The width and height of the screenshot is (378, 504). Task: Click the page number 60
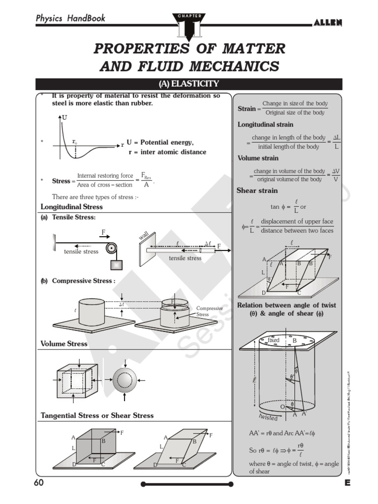[39, 483]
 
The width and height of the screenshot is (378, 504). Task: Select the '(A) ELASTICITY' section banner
[189, 84]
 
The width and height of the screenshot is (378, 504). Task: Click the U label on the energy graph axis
[65, 118]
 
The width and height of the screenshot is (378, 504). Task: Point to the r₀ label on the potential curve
[74, 141]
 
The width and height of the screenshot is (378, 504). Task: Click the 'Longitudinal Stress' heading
[71, 207]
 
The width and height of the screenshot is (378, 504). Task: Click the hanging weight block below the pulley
[116, 265]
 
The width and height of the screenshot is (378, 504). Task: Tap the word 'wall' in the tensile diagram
[144, 237]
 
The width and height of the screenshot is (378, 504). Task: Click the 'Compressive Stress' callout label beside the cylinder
[209, 311]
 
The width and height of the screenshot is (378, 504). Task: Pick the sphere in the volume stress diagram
[126, 379]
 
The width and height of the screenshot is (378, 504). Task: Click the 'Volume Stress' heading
[64, 344]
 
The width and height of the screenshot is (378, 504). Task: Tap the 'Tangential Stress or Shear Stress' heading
[97, 415]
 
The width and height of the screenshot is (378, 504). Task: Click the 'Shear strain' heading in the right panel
[257, 190]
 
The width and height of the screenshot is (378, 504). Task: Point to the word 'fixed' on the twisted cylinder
[273, 340]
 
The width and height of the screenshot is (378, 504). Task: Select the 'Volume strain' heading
[258, 158]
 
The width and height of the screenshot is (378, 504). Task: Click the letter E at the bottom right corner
[347, 483]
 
